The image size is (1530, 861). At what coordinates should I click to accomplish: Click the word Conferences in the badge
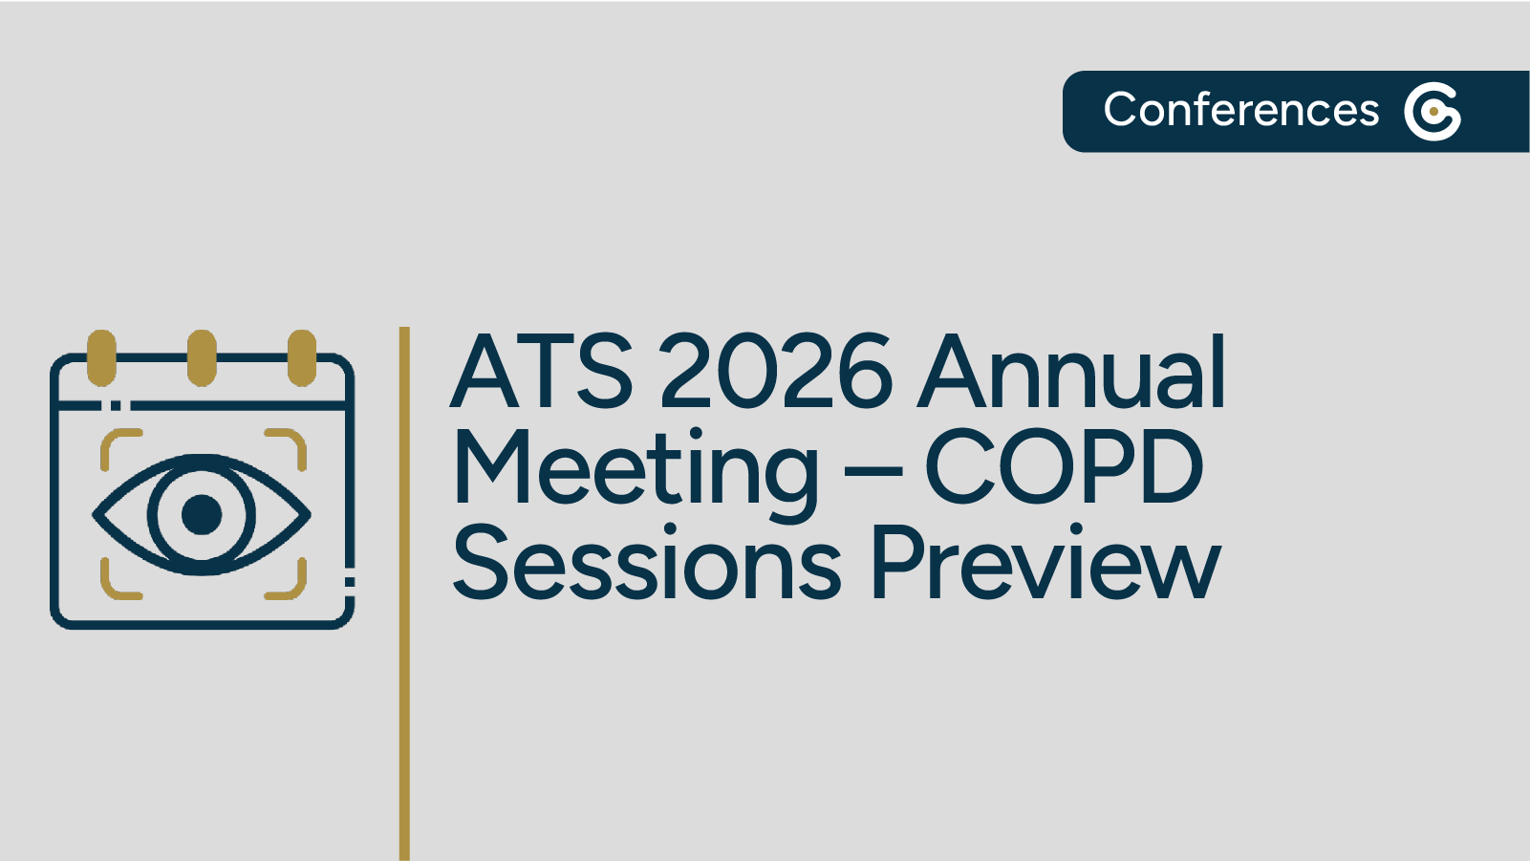[1240, 110]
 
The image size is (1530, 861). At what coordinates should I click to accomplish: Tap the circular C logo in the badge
[1433, 112]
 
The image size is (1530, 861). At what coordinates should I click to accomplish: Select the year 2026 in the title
[776, 372]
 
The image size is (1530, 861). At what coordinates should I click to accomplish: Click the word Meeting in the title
[636, 468]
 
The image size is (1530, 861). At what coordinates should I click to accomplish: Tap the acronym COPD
[1063, 468]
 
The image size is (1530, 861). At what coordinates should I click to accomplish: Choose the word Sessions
[647, 564]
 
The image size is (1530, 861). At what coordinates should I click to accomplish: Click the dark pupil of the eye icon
[202, 514]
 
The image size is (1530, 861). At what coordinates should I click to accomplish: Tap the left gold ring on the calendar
[101, 357]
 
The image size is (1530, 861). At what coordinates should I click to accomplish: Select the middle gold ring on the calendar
[202, 357]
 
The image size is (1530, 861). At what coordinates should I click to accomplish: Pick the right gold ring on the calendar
[302, 357]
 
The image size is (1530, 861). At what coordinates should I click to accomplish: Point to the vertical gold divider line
[404, 592]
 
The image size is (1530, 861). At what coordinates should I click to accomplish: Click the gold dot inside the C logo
[1433, 112]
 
